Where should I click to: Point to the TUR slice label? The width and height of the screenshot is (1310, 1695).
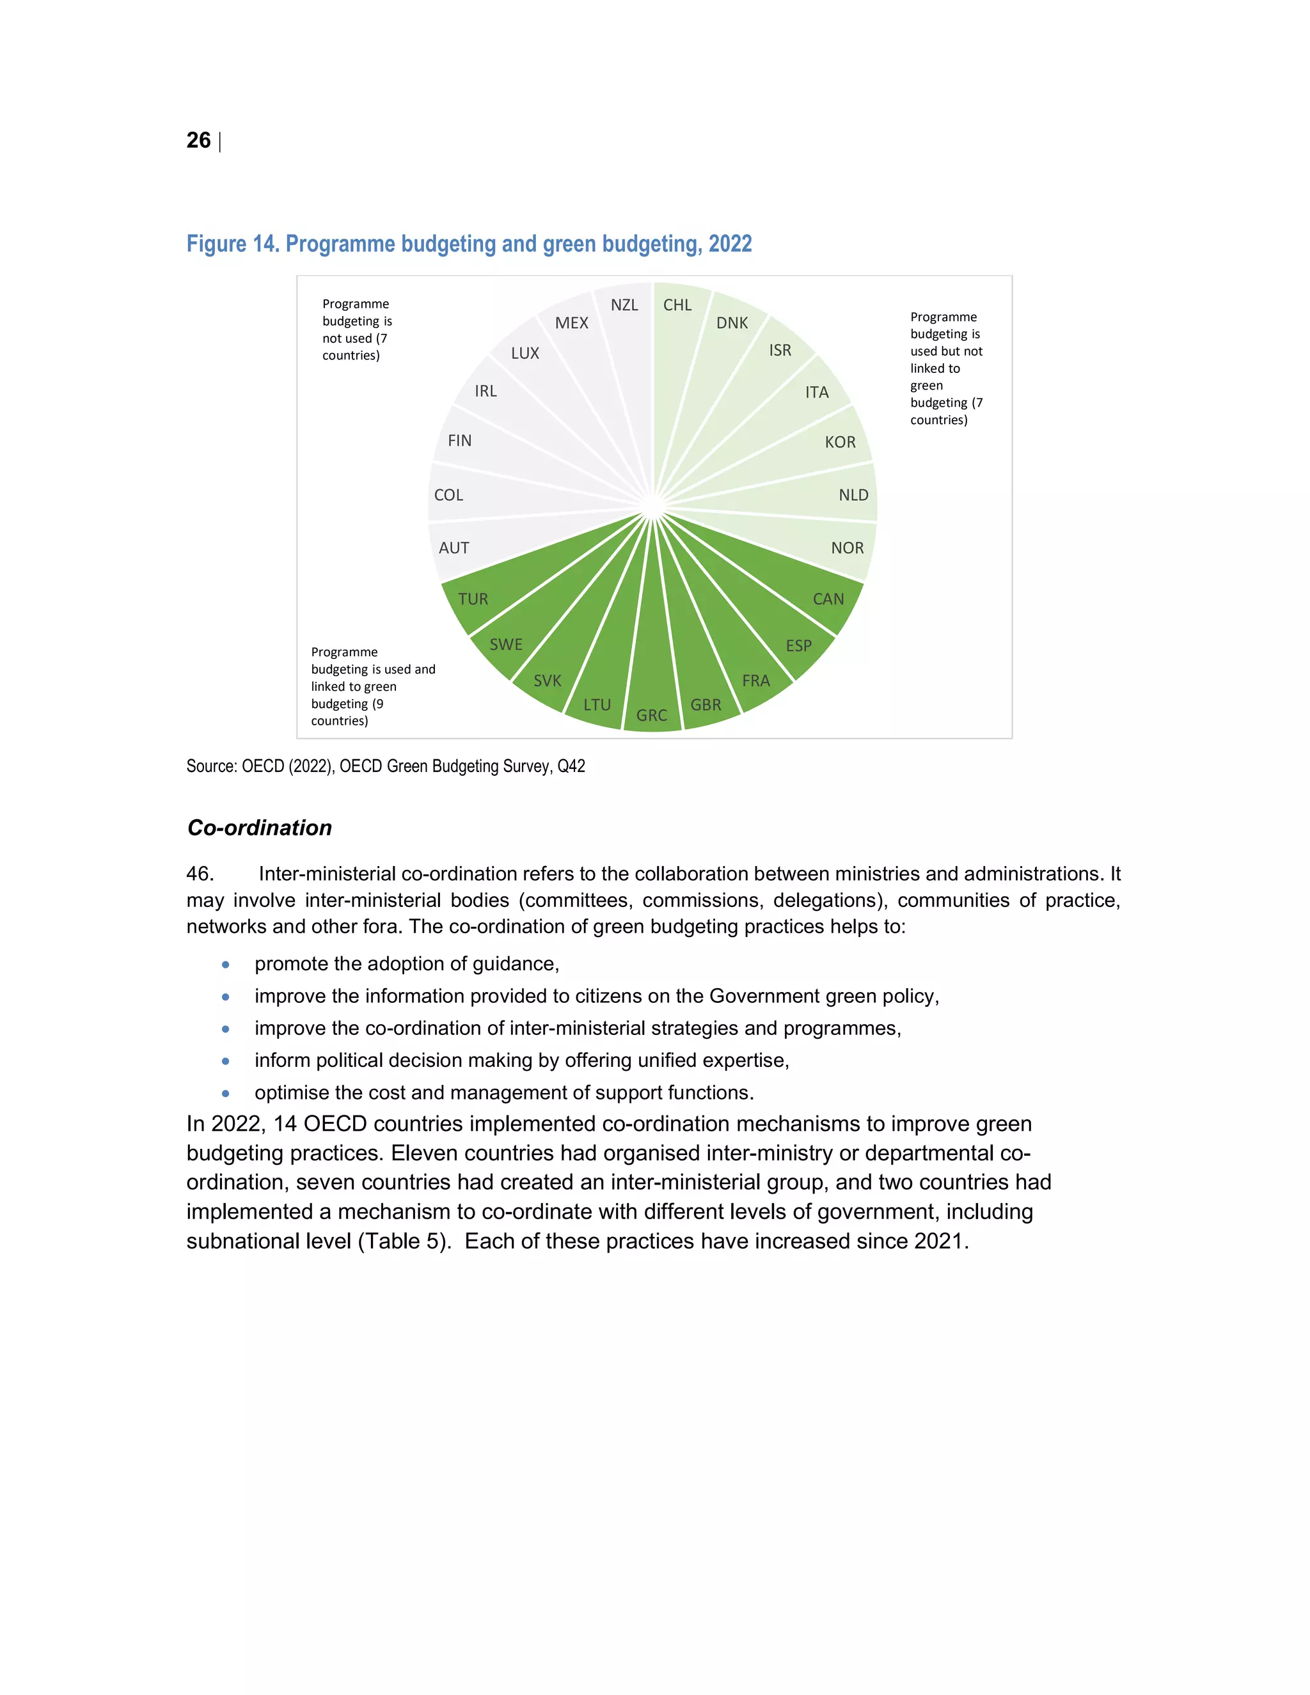[473, 599]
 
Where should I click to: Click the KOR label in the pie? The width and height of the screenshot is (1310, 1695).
[840, 443]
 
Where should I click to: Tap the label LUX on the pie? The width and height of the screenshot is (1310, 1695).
[525, 353]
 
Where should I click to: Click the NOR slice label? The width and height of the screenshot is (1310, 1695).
[847, 548]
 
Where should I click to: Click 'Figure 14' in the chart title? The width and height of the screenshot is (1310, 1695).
[232, 244]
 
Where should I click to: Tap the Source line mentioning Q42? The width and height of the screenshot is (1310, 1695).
[385, 767]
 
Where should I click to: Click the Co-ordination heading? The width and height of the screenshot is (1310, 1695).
[259, 828]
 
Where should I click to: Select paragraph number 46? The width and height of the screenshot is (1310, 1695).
[200, 874]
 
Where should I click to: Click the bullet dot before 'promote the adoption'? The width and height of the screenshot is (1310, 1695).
[226, 965]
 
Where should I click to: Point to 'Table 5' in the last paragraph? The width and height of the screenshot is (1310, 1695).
[403, 1241]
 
